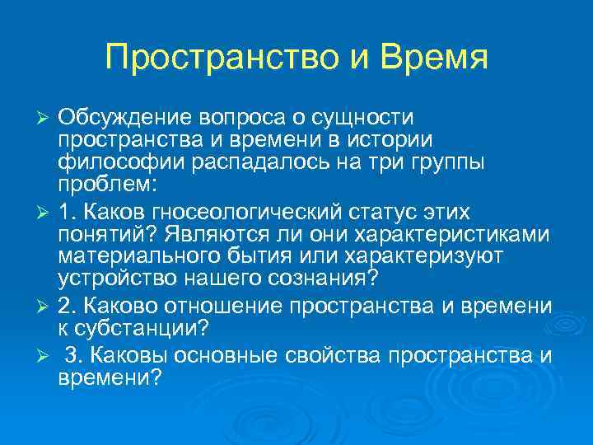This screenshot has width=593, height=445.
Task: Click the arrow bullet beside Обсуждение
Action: click(x=46, y=119)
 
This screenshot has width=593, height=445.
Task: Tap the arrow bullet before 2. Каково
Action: click(x=46, y=308)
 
